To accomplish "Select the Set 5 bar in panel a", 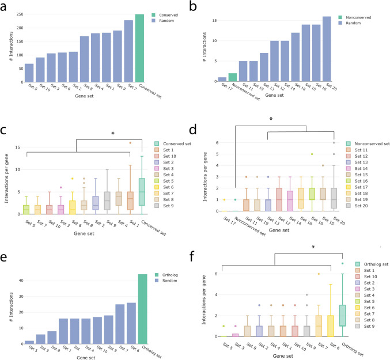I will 29,73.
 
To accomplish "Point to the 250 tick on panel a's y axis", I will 16,14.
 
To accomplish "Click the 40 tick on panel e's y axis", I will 16,280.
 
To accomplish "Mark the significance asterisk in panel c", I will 112,134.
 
